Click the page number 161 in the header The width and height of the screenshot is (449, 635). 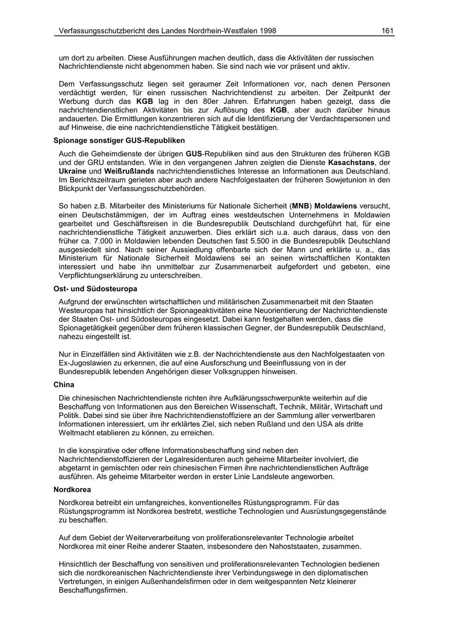click(x=388, y=31)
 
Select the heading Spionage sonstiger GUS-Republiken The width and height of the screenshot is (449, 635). click(x=119, y=141)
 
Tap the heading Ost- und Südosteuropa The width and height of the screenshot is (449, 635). click(x=95, y=289)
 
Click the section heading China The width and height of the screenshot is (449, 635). click(x=64, y=385)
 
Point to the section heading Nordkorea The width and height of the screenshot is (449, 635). click(x=72, y=490)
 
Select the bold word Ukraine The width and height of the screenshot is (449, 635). click(x=73, y=172)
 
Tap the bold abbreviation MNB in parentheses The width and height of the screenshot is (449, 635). click(x=301, y=206)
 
